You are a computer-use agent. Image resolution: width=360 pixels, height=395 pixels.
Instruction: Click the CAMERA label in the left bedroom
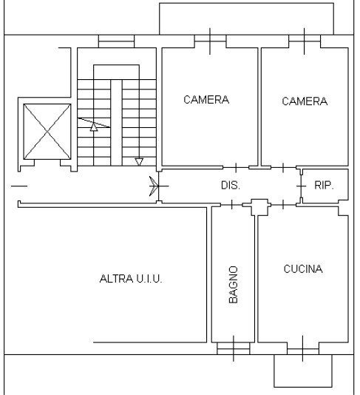[206, 100]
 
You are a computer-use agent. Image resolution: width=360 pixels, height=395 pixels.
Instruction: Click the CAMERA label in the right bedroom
[305, 101]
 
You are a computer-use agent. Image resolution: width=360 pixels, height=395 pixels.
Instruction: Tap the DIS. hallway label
[231, 186]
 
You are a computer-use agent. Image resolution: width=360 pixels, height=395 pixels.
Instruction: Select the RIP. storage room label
[324, 186]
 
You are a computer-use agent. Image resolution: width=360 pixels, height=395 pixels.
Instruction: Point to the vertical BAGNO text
[233, 285]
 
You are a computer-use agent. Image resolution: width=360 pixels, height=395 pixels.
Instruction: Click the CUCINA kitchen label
[303, 269]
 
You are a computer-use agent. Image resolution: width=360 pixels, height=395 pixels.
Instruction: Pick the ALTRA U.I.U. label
[131, 279]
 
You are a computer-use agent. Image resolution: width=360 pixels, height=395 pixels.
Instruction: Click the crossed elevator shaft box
[47, 132]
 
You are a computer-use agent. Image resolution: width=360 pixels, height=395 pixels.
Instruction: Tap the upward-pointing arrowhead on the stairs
[94, 126]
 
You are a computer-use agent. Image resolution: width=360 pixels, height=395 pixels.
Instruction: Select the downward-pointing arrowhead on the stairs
[138, 161]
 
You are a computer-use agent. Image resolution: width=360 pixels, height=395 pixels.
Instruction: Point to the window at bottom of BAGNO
[234, 346]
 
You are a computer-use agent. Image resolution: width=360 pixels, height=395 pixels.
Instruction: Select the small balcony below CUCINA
[302, 371]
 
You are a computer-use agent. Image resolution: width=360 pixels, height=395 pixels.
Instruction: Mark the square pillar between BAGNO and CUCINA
[258, 206]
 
